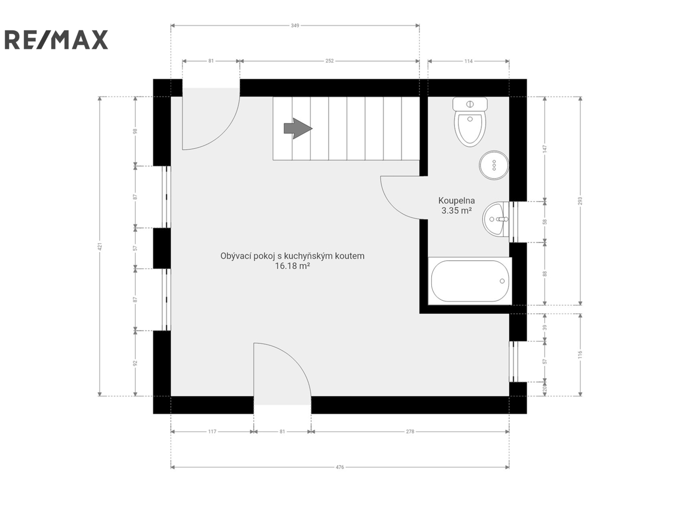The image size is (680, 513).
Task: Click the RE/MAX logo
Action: [56, 39]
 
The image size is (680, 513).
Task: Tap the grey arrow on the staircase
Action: [298, 128]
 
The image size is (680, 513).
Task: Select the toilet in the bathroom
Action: [470, 122]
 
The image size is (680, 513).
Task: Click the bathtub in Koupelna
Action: [470, 281]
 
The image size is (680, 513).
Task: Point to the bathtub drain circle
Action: [502, 281]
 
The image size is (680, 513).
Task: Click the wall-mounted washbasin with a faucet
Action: [495, 219]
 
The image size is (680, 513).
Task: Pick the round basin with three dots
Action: [494, 165]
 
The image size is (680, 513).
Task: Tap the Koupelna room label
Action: [457, 200]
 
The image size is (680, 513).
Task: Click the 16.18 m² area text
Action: [292, 266]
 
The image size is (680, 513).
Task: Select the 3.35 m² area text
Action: [457, 211]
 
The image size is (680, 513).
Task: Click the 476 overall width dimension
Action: [340, 467]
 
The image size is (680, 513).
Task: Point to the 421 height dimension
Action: [100, 247]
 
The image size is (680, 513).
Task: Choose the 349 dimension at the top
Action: [295, 26]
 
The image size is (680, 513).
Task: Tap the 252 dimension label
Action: [330, 61]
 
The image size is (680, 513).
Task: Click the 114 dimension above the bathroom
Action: [468, 61]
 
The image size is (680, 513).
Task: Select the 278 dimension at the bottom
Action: [410, 432]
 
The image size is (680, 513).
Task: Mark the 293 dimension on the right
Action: [580, 201]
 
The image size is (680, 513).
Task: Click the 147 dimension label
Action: [545, 149]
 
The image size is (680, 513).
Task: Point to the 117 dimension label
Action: [212, 432]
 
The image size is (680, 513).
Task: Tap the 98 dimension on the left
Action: [135, 131]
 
